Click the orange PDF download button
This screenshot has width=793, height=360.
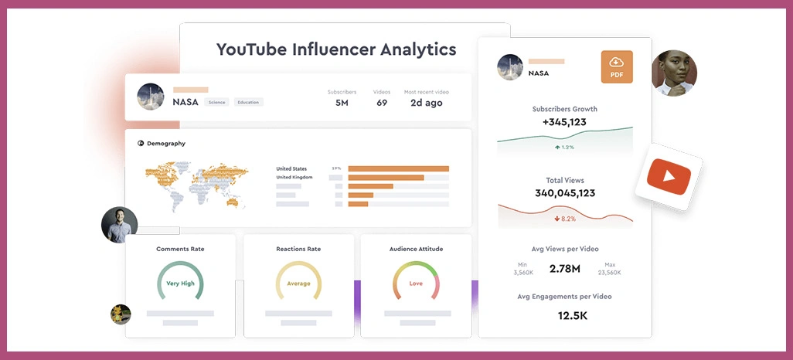[x=616, y=67]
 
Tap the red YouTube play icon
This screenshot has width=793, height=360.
[x=669, y=178]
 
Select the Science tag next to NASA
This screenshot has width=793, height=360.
[x=216, y=102]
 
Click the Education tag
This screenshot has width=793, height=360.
[x=248, y=102]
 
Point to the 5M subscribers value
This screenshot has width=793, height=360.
[x=342, y=103]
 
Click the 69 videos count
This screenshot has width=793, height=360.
[x=382, y=103]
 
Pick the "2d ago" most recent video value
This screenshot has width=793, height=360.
[x=426, y=103]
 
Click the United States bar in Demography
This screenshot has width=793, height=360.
[x=398, y=168]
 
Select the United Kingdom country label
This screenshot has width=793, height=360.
[x=294, y=178]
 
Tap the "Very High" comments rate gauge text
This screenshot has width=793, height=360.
[x=180, y=284]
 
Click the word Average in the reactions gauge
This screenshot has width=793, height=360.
[x=298, y=284]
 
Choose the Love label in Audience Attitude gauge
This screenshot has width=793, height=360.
[x=416, y=284]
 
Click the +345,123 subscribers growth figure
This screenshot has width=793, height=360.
[x=564, y=122]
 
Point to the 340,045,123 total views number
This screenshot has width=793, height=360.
[x=564, y=193]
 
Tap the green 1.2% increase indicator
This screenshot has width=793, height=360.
[x=564, y=147]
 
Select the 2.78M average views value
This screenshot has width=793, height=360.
[x=564, y=269]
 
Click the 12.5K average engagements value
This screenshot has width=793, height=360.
[x=573, y=315]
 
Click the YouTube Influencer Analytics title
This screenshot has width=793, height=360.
[x=336, y=49]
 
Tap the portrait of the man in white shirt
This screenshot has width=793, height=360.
[x=119, y=225]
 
